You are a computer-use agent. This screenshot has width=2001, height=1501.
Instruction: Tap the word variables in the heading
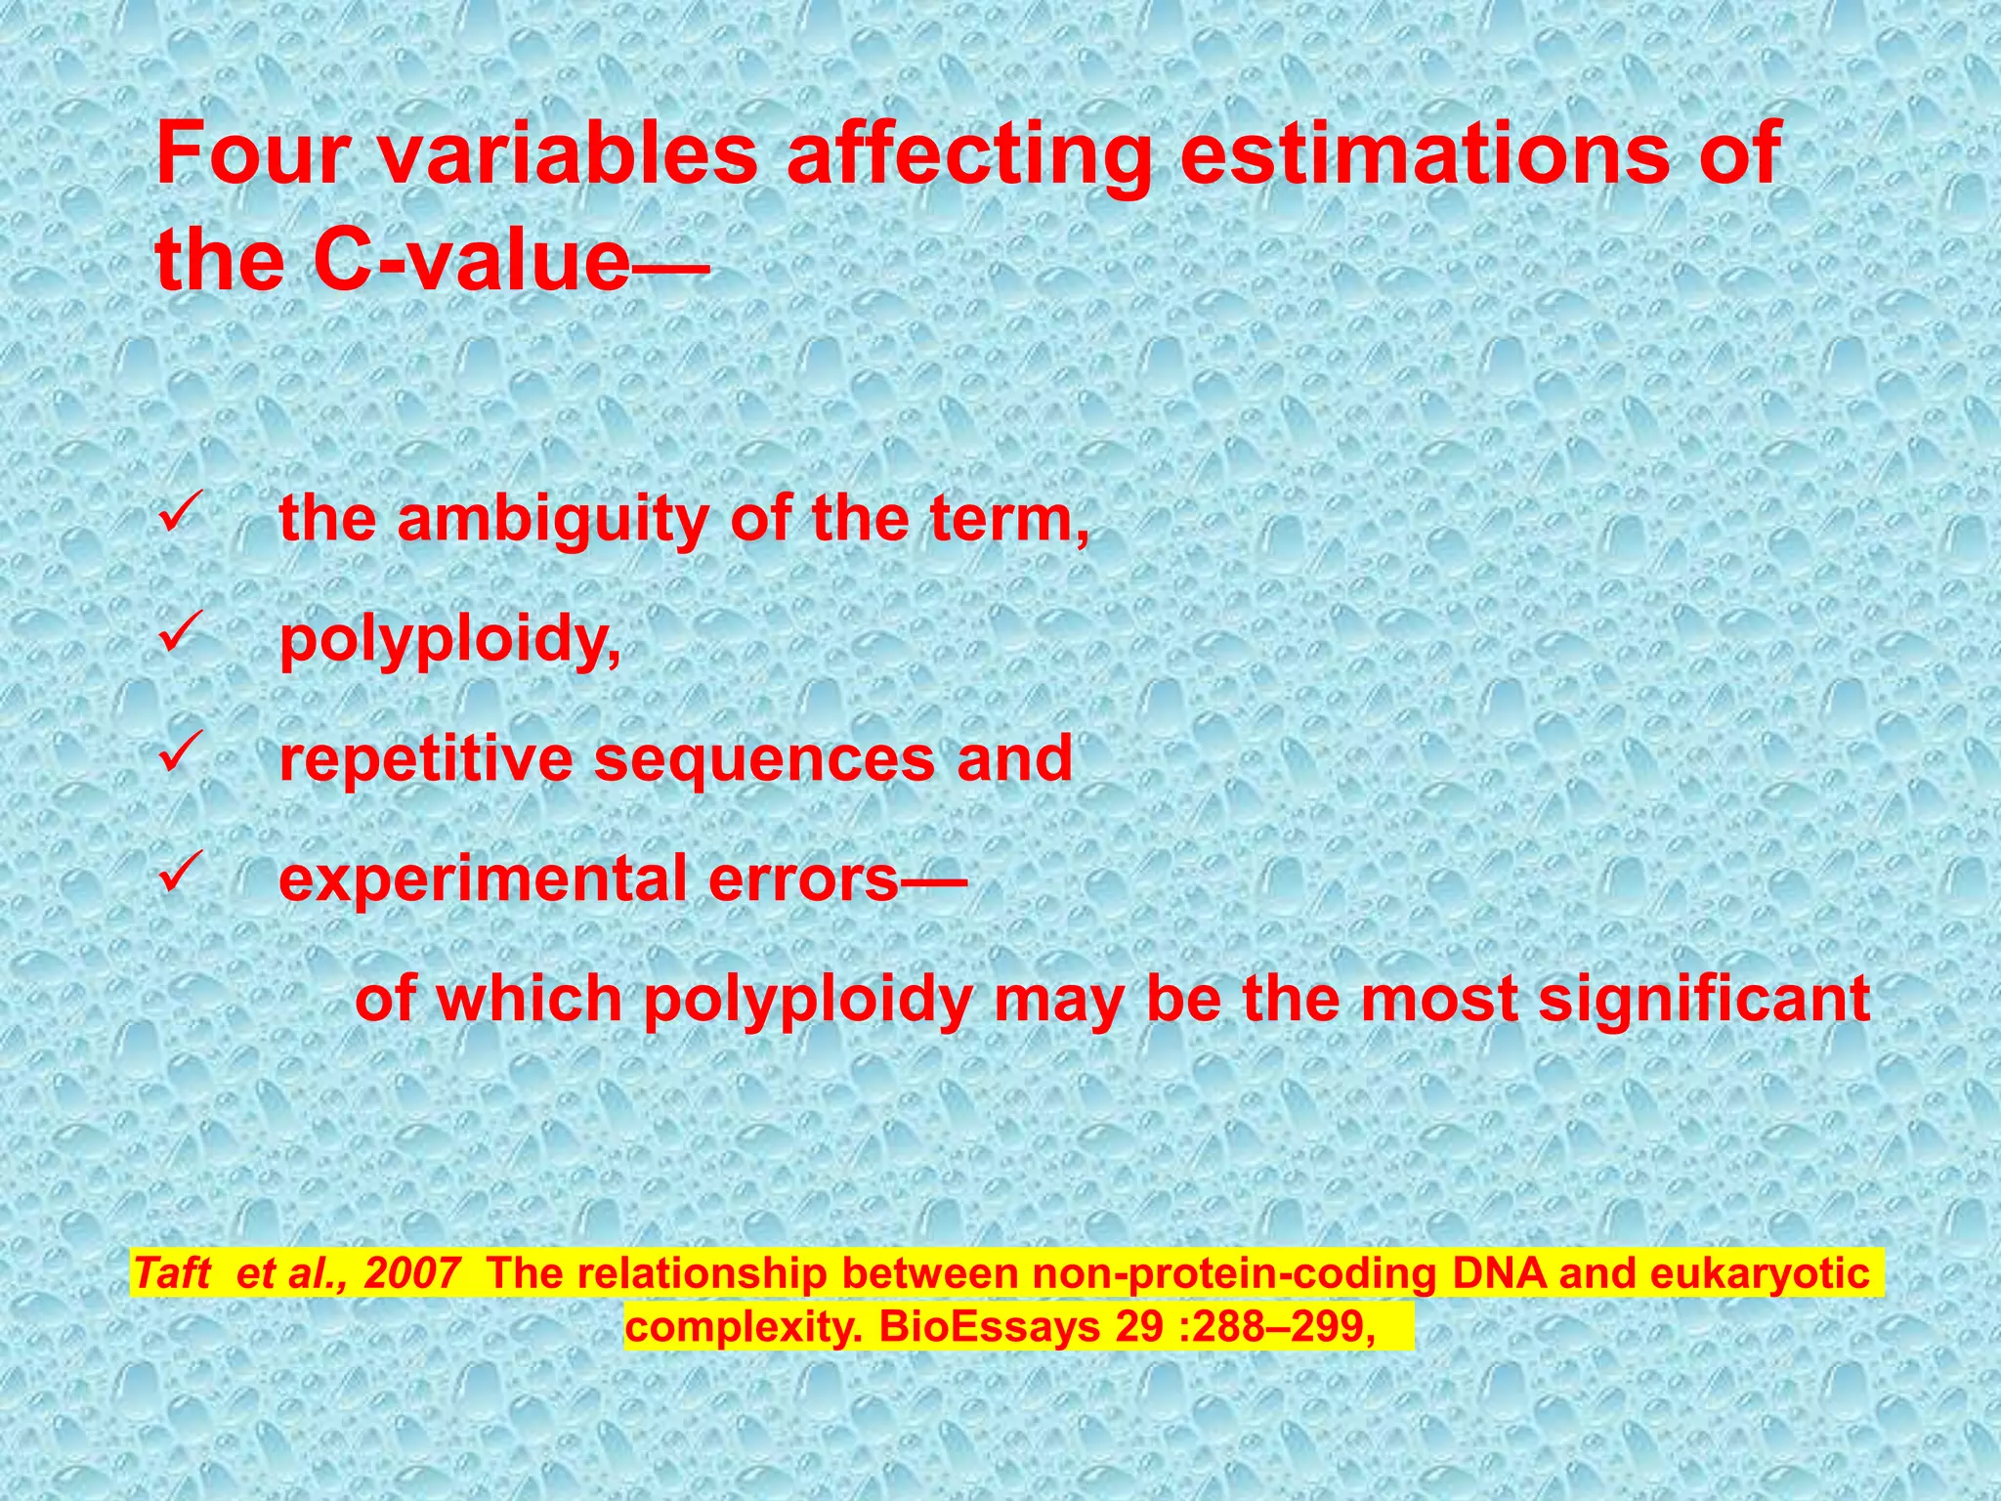tap(568, 153)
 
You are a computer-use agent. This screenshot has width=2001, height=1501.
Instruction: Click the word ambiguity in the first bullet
tap(552, 520)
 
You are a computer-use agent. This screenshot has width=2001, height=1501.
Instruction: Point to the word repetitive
tap(426, 759)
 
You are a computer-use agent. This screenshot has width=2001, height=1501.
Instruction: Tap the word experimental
tap(483, 879)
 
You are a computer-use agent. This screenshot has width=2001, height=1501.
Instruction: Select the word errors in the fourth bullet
tap(802, 879)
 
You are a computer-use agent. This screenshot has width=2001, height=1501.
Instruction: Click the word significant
tap(1704, 1000)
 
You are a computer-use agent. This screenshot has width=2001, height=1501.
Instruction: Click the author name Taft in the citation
tap(172, 1273)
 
